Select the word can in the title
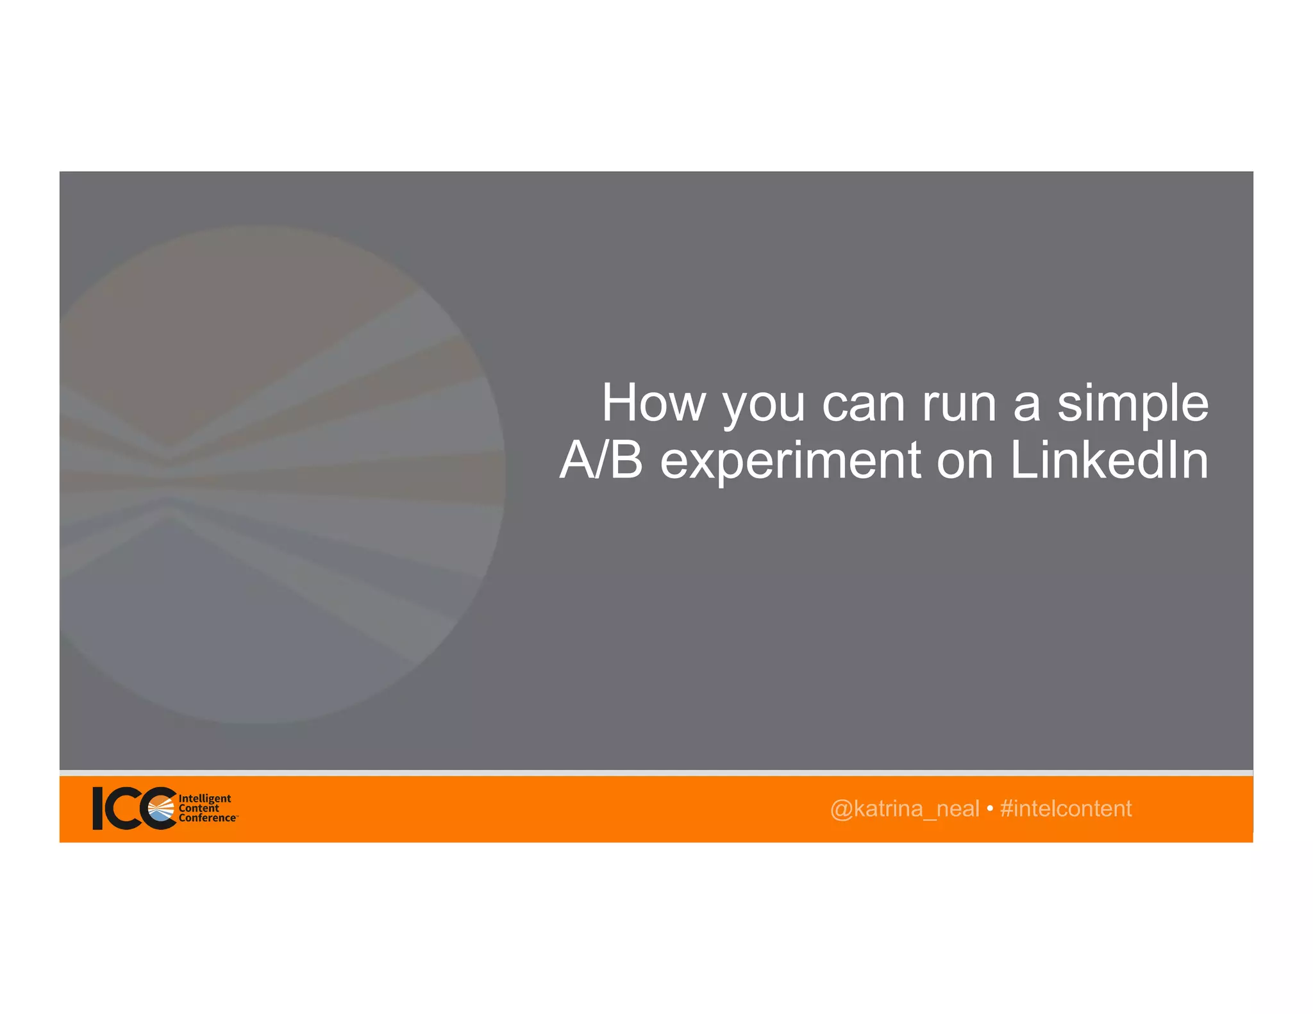click(x=863, y=405)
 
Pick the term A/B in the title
click(x=601, y=460)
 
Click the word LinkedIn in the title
click(x=1109, y=460)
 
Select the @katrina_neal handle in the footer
click(x=904, y=809)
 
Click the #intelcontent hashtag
click(x=1066, y=809)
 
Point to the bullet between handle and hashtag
click(x=990, y=810)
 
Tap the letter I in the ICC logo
click(x=97, y=808)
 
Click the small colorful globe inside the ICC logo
click(x=161, y=809)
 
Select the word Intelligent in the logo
click(x=205, y=799)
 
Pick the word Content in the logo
click(x=199, y=808)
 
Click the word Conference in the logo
click(x=207, y=818)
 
